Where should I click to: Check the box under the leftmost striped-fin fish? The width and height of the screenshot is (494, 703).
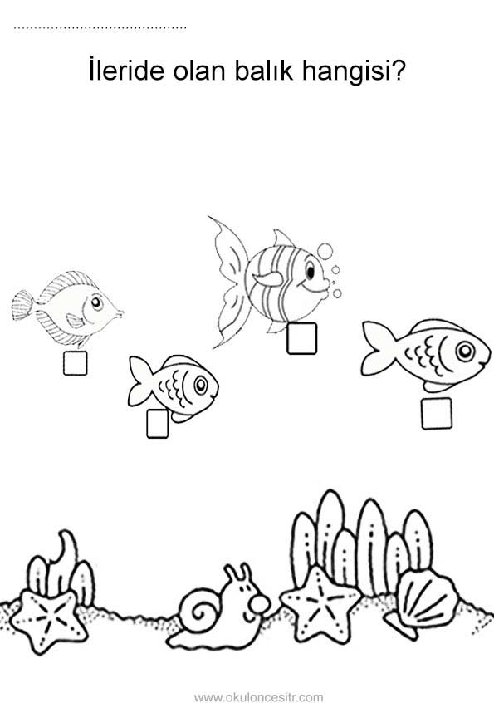(75, 363)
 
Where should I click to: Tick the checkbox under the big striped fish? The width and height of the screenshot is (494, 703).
(301, 338)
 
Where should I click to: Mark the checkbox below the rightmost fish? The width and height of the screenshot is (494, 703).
(436, 413)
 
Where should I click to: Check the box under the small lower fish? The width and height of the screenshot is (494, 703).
(157, 423)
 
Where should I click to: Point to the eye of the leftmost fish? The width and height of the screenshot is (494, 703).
(95, 304)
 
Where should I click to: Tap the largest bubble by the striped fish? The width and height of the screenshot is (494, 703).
(325, 251)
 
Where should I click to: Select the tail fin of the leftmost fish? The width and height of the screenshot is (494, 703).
(22, 305)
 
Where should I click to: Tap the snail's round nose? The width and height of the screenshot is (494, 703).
(260, 605)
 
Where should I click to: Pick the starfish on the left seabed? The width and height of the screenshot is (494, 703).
(47, 620)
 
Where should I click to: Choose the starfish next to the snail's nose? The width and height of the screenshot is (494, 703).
(320, 602)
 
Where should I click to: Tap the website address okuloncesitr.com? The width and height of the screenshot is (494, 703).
(258, 696)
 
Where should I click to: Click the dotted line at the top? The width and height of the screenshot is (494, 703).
(100, 28)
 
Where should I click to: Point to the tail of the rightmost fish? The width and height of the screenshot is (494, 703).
(379, 348)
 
